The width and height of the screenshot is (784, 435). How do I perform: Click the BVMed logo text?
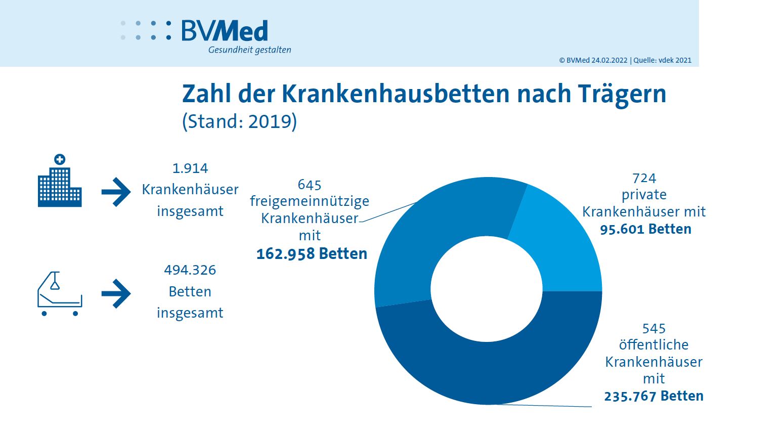coord(224,31)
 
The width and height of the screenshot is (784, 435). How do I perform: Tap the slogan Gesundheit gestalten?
coord(249,50)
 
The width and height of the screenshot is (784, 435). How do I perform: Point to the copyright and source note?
coord(625,60)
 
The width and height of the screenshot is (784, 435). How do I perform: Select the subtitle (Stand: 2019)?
coord(239,122)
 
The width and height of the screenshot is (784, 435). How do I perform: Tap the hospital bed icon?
coord(60,293)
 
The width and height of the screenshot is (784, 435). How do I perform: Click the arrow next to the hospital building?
coord(116,192)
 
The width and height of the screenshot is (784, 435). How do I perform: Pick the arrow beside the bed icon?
coord(116,293)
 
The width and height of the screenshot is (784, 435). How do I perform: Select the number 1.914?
coord(190,168)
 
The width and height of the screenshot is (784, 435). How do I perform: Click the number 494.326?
coord(190,270)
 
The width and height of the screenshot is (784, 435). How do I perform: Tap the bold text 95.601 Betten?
coord(645,229)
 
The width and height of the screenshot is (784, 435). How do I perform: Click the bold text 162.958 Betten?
coord(312,253)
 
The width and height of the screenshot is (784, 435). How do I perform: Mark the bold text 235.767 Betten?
coord(654,396)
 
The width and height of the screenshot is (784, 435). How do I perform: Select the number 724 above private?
coord(644,179)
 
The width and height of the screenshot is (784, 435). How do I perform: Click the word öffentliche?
coord(654,345)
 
